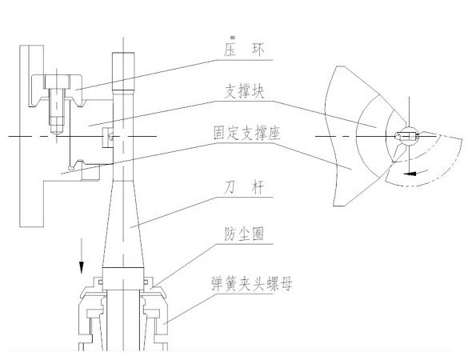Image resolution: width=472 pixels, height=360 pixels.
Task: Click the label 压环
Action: point(244,50)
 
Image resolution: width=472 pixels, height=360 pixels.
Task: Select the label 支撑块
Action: point(245,91)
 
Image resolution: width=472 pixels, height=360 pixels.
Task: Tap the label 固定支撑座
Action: point(247,133)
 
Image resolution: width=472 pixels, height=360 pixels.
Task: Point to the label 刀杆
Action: point(244,187)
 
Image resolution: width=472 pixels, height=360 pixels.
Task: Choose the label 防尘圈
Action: point(245,234)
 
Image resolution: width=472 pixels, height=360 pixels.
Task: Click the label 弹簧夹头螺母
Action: point(251,283)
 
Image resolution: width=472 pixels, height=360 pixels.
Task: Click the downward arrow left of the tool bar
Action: point(82,256)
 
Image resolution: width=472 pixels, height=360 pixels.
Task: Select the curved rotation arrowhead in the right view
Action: point(410,174)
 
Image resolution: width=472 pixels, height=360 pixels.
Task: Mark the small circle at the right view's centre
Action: point(408,136)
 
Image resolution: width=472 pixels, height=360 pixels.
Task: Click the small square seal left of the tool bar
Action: point(101,282)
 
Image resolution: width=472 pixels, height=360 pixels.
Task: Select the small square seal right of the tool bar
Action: point(146,282)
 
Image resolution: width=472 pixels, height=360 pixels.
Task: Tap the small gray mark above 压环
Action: point(233,37)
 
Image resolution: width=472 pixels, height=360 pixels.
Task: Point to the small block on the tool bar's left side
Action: point(108,138)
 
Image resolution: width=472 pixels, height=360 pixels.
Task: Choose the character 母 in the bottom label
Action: point(286,284)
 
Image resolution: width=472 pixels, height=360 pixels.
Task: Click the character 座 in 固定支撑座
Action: point(274,133)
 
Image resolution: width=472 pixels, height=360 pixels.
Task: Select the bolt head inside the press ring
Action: point(57,82)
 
